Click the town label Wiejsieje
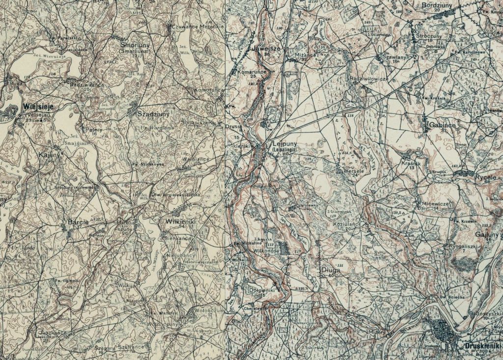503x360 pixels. pos(36,106)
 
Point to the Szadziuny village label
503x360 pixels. pos(153,113)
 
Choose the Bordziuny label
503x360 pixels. pos(437,5)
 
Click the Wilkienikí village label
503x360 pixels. pos(181,222)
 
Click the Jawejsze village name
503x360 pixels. pos(266,49)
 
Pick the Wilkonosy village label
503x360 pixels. pos(265,250)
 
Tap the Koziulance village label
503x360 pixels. pos(347,223)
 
